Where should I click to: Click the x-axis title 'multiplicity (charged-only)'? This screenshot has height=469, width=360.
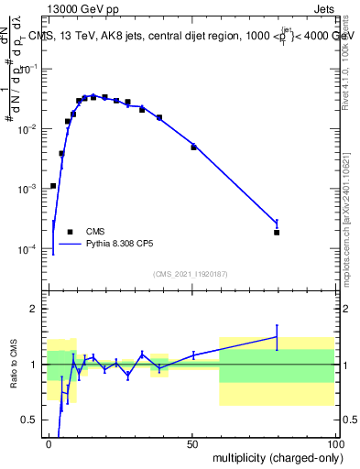coord(276,456)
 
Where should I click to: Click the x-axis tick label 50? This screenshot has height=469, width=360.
coord(192,443)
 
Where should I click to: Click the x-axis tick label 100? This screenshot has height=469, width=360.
coord(334,443)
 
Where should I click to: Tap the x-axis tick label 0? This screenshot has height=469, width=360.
coord(49,443)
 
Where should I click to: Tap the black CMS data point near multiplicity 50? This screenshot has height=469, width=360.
coord(193,147)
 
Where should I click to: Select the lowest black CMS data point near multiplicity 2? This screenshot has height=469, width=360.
coord(53,186)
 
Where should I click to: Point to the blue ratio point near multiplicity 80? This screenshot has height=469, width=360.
coord(277,337)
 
